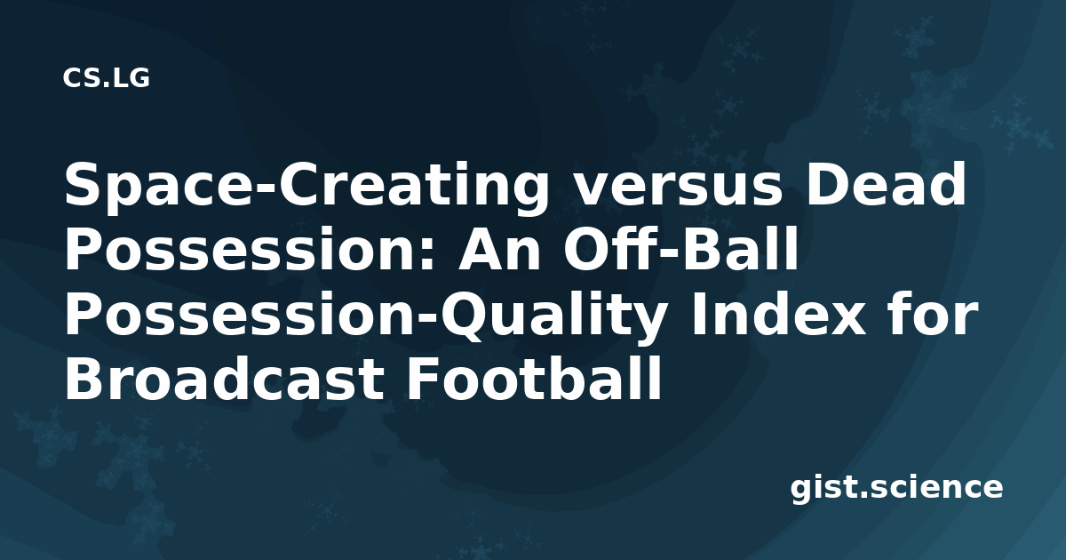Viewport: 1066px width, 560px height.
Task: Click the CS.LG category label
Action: click(106, 78)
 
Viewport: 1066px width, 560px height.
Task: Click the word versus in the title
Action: click(678, 185)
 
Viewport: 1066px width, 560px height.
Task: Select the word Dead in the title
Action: click(886, 184)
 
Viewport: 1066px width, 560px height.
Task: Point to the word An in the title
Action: click(498, 250)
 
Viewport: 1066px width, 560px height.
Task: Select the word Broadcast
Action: click(224, 380)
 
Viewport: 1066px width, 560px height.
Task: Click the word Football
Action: click(533, 380)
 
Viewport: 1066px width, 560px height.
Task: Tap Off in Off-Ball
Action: click(612, 249)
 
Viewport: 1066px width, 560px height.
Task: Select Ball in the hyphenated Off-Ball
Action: click(742, 249)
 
